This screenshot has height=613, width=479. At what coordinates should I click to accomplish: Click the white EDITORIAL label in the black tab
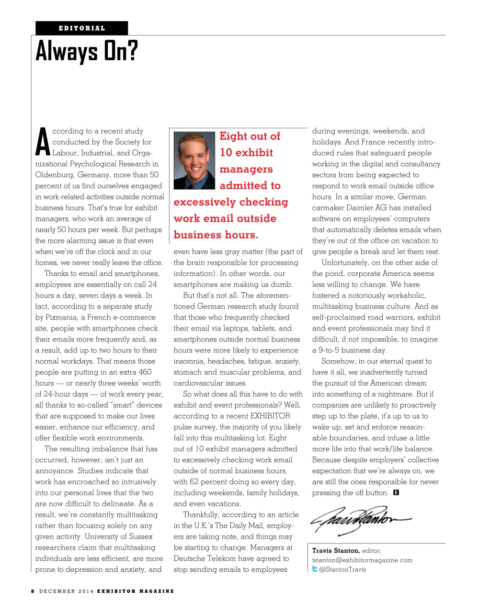[82, 28]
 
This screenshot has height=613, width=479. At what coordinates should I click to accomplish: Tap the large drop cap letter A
[43, 142]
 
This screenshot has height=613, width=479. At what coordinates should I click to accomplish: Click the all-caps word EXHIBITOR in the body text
[270, 416]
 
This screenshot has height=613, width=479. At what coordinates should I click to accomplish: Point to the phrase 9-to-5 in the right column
[332, 350]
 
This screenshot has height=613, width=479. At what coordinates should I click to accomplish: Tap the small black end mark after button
[396, 492]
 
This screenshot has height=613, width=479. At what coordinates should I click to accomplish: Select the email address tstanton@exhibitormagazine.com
[362, 560]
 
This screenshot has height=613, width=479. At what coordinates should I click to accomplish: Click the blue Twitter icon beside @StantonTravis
[315, 569]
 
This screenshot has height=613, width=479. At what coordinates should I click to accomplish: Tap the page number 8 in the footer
[33, 591]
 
